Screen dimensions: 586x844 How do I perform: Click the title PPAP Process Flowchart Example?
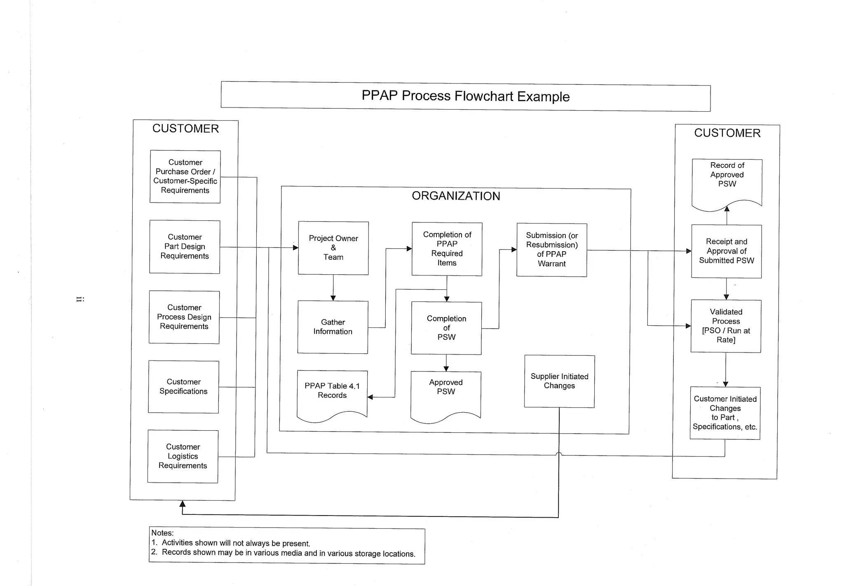pyautogui.click(x=465, y=96)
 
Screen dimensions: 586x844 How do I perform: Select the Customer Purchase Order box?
pyautogui.click(x=185, y=176)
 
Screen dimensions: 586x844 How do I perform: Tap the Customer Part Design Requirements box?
pyautogui.click(x=185, y=247)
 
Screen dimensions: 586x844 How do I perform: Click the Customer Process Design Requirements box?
pyautogui.click(x=184, y=317)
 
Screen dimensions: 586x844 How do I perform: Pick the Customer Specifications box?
pyautogui.click(x=183, y=387)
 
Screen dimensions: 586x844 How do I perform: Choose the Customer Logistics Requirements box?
pyautogui.click(x=183, y=456)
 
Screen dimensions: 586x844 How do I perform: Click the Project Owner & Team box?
pyautogui.click(x=333, y=248)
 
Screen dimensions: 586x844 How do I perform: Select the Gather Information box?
pyautogui.click(x=333, y=327)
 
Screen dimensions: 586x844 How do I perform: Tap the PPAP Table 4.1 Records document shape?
pyautogui.click(x=332, y=391)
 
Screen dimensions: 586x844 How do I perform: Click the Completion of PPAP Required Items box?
pyautogui.click(x=447, y=249)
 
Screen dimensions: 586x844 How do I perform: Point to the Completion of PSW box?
pyautogui.click(x=446, y=328)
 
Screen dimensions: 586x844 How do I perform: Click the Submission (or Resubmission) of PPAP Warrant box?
pyautogui.click(x=552, y=250)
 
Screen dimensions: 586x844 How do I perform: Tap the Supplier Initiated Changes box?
pyautogui.click(x=559, y=381)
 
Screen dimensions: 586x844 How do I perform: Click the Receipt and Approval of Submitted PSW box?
pyautogui.click(x=727, y=251)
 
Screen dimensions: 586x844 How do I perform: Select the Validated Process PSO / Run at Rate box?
pyautogui.click(x=726, y=326)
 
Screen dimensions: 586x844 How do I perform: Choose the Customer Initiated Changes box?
pyautogui.click(x=725, y=413)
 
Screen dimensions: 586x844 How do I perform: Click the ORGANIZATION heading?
pyautogui.click(x=456, y=196)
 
